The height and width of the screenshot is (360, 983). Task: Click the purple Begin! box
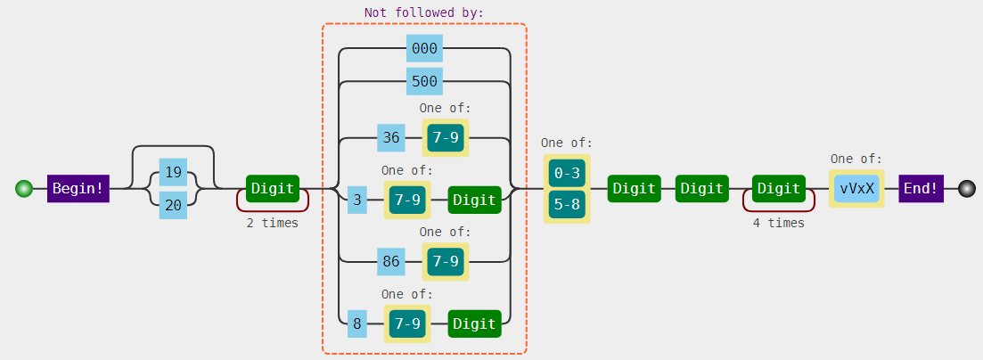[78, 189]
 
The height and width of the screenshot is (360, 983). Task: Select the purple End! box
[921, 189]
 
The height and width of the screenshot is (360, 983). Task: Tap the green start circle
[24, 189]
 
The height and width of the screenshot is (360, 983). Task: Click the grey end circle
[967, 189]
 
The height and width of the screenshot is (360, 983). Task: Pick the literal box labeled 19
[173, 172]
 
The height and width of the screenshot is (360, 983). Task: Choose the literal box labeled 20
[173, 205]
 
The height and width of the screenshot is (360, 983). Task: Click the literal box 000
[424, 49]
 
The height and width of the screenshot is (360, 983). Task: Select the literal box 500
[424, 82]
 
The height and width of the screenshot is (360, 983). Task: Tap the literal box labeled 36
[390, 138]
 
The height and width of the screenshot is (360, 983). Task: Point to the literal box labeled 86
[390, 262]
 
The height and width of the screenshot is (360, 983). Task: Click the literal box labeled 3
[357, 200]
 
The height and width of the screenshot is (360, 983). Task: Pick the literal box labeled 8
[357, 324]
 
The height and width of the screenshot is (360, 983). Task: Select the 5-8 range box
[567, 204]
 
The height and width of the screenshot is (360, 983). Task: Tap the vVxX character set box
[856, 189]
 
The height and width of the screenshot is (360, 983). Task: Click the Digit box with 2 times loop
[273, 189]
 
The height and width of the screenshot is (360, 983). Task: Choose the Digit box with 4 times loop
[779, 189]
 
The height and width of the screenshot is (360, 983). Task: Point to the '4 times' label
[778, 224]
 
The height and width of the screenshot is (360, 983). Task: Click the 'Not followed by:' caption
[423, 13]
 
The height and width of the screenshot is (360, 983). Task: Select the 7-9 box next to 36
[446, 138]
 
